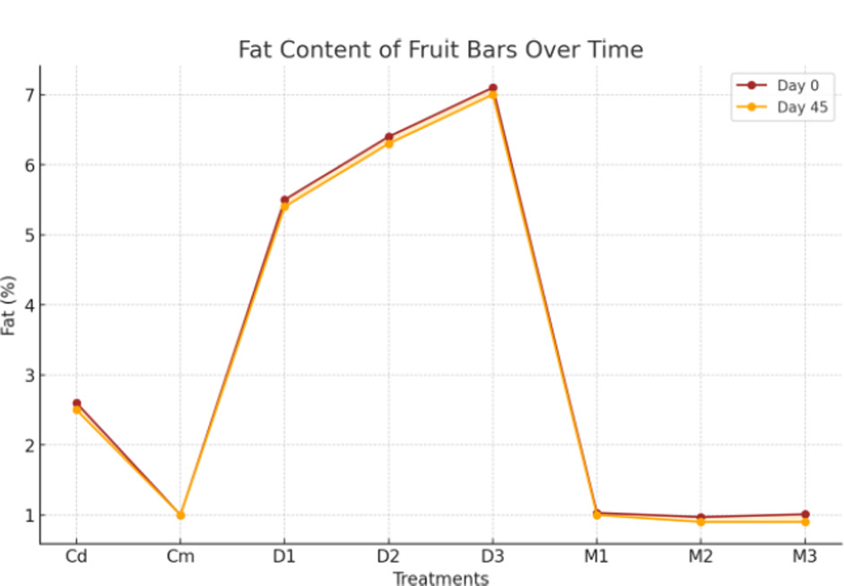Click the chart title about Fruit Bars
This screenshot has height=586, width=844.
(440, 49)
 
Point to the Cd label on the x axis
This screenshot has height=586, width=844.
(76, 556)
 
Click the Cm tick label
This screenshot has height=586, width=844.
(180, 556)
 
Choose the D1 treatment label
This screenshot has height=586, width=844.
(284, 556)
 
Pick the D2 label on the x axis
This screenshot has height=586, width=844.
(388, 556)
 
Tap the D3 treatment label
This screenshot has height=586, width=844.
(492, 556)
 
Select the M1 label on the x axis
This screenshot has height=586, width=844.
(596, 556)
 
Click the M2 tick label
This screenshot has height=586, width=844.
(700, 556)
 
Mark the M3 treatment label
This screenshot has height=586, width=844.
(805, 556)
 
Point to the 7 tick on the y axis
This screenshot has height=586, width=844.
(28, 95)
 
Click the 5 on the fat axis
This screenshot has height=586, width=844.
(28, 235)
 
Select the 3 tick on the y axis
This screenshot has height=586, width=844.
(28, 375)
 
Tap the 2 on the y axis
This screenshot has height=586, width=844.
(28, 445)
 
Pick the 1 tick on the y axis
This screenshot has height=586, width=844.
(28, 515)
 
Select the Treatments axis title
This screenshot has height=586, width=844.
(440, 578)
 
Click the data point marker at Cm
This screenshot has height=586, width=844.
(180, 515)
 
